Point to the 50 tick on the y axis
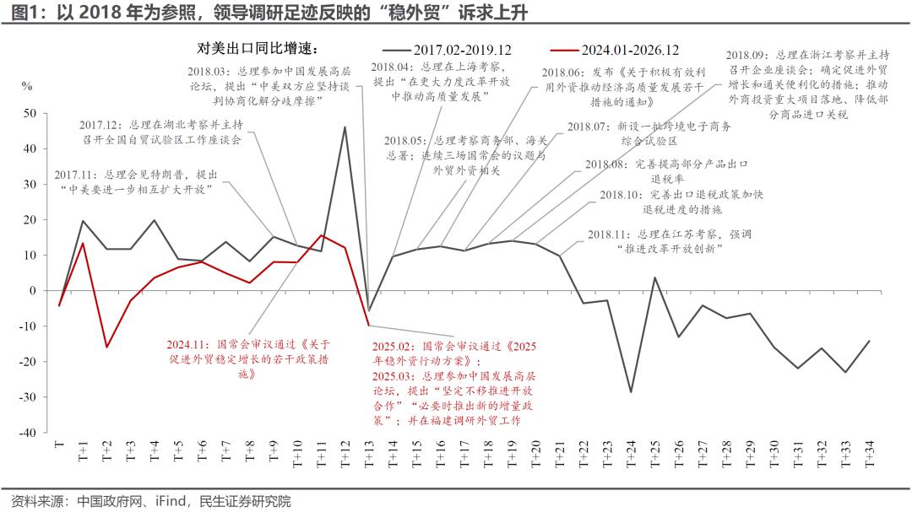(30, 113)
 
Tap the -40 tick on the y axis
(28, 432)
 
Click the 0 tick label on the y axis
(33, 290)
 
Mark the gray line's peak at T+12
(345, 127)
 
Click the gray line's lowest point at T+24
(630, 392)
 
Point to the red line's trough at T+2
(106, 347)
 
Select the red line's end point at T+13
(368, 325)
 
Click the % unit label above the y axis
(27, 86)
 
